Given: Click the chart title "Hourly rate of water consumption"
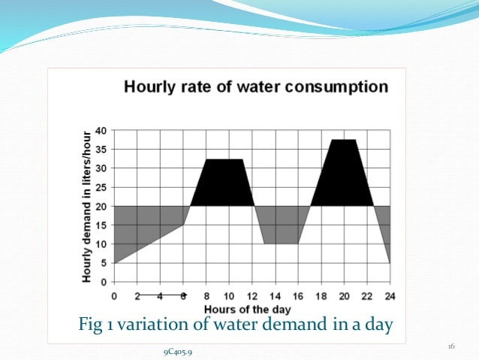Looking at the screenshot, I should pos(256,86).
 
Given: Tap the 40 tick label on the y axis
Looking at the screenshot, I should pos(101,129).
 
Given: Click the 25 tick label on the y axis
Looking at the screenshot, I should pos(101,186).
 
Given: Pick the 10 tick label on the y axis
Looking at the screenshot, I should pos(101,244).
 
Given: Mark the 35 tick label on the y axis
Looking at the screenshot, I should pos(101,149).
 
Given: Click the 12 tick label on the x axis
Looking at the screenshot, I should pos(252,295).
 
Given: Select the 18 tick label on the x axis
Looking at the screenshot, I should pos(321,295).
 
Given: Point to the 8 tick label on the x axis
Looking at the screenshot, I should pos(206,295).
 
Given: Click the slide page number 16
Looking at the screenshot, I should pos(451,346).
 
